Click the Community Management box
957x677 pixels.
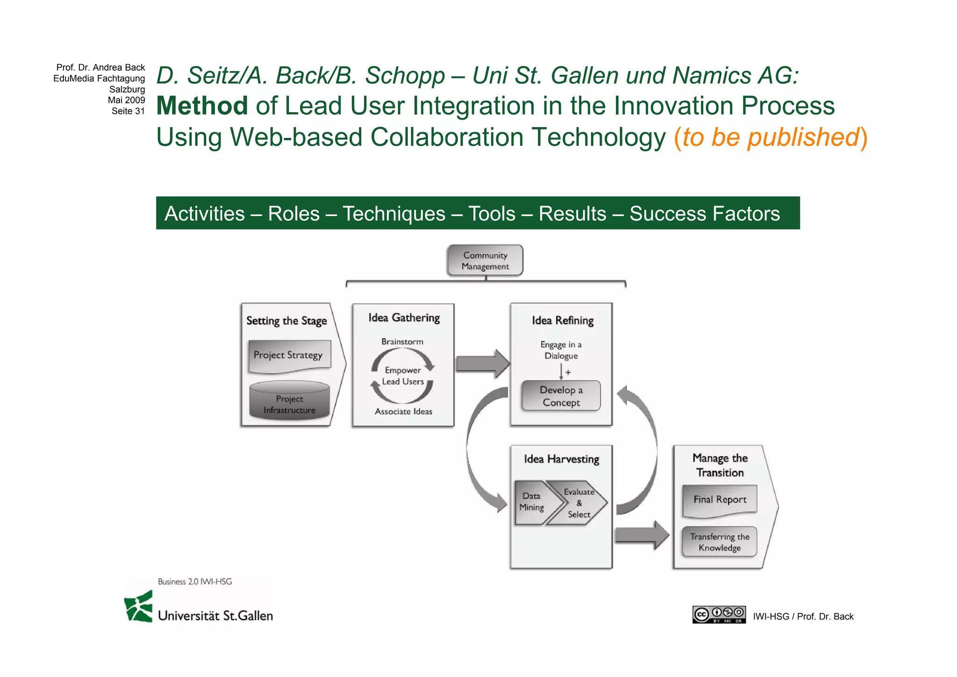coord(485,260)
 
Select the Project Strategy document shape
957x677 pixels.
coord(289,356)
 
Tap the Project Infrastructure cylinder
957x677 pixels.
coord(289,401)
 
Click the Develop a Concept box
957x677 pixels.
coord(561,396)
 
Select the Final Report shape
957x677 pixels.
coord(720,500)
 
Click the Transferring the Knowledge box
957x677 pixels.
coord(719,542)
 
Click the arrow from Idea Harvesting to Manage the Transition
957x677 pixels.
coord(642,535)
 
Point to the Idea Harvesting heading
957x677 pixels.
coord(561,459)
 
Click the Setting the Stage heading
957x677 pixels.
coord(286,321)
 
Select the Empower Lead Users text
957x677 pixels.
coord(403,376)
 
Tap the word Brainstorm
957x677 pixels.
coord(402,342)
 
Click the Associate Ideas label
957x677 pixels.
coord(403,411)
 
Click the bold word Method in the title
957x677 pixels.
coord(202,106)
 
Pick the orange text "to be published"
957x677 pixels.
coord(770,137)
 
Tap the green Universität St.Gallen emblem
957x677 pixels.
coord(139,606)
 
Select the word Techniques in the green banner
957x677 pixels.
coord(394,214)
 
